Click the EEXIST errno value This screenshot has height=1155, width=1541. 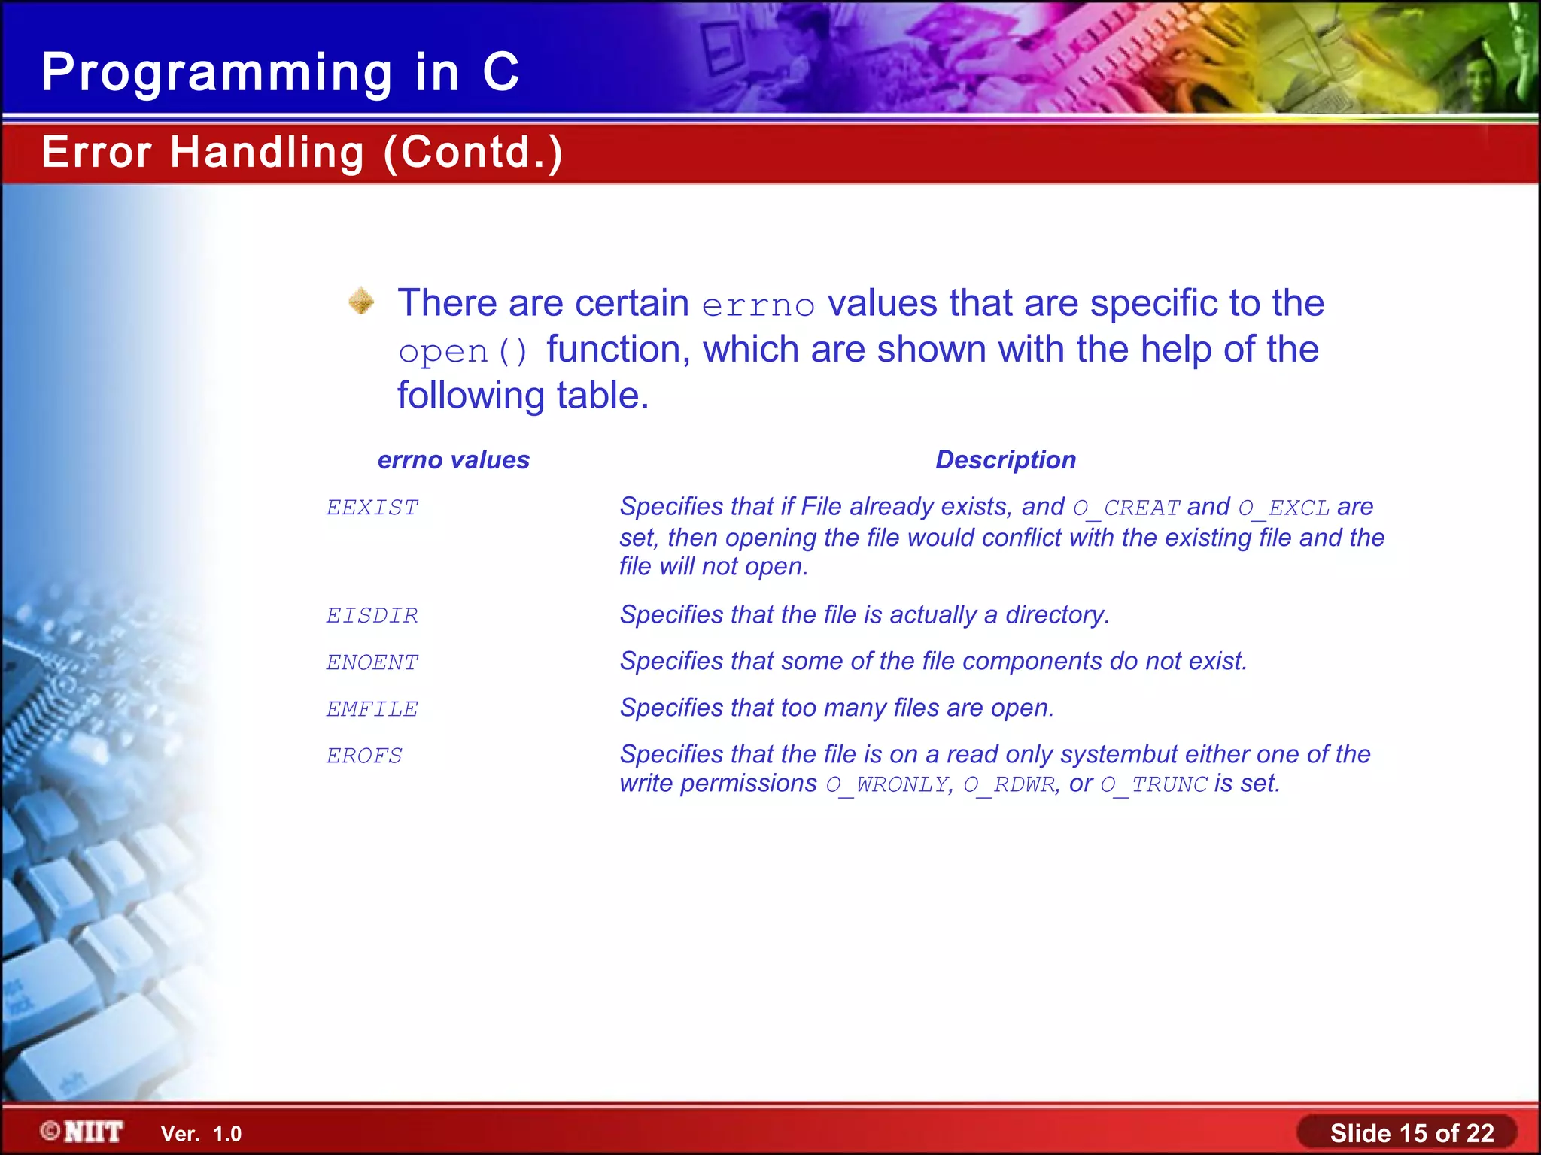372,508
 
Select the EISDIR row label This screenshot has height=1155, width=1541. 372,616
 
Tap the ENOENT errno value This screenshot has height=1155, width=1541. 372,662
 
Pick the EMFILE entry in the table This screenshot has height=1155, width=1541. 372,709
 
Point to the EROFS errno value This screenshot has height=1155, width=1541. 364,756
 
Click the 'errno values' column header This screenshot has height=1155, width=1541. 454,459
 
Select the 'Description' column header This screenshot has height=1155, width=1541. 1005,459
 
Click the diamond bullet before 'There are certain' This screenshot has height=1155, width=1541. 362,301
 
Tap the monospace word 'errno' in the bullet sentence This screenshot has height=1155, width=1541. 758,305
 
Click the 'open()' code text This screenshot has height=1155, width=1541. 463,352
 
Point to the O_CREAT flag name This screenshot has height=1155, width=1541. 1126,508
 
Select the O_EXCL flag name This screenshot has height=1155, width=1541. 1284,508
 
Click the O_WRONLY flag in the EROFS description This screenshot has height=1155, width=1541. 886,785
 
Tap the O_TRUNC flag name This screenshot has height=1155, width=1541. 1153,785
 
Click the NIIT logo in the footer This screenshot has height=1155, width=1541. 82,1132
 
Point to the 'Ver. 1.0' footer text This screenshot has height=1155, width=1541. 201,1134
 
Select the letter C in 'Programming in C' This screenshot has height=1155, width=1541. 501,72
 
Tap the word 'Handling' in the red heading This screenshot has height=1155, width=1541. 267,152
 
